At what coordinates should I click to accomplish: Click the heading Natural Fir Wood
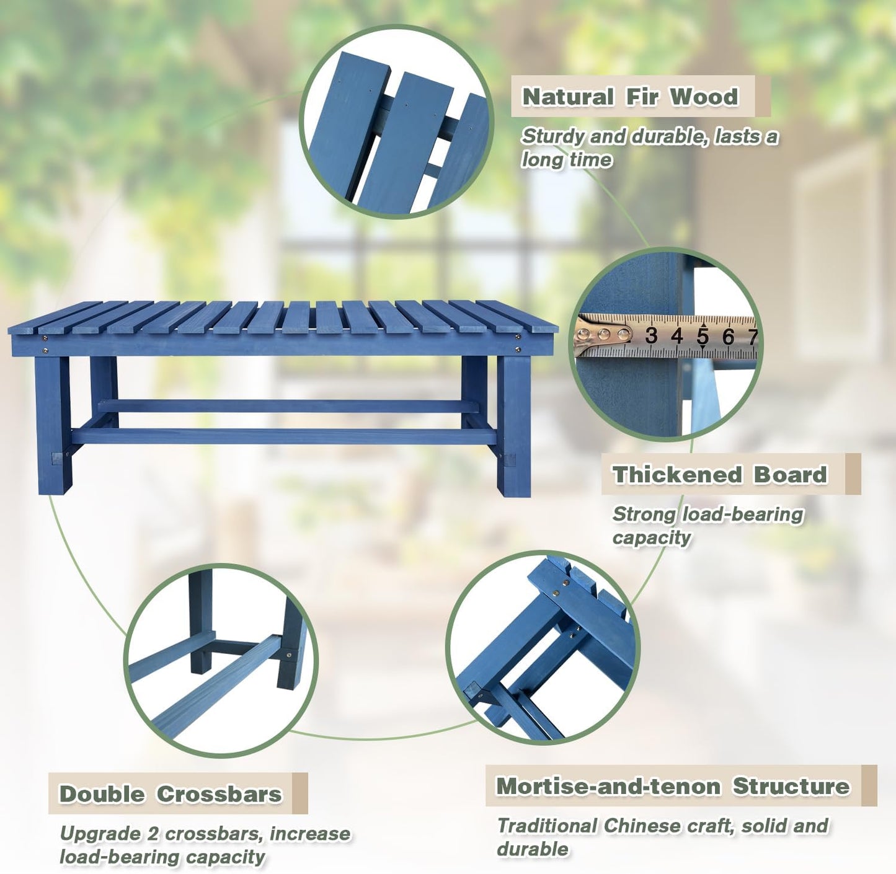630,97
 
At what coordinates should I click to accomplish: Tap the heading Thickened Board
720,475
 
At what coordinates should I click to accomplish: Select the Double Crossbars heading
170,794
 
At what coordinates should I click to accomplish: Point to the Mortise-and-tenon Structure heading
673,786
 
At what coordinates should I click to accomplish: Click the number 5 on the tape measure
702,336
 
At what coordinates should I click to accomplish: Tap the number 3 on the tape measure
650,336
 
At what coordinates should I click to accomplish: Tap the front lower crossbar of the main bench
283,436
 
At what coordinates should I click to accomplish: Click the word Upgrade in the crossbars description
100,834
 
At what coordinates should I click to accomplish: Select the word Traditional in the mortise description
548,826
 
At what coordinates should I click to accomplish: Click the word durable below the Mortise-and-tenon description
532,849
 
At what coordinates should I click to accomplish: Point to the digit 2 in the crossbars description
153,834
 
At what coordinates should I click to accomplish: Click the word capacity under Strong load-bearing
651,537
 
